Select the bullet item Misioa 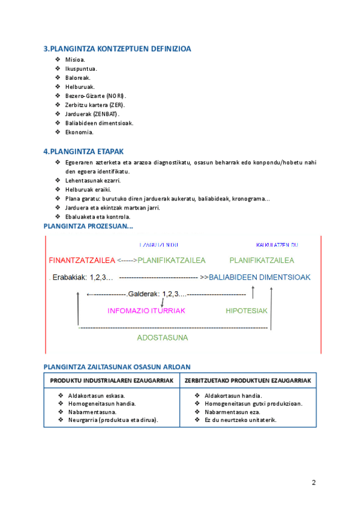[75, 59]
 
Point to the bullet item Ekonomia [79, 131]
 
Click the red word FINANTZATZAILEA [82, 261]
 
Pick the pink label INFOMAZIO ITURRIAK [146, 311]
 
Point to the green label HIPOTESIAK [246, 311]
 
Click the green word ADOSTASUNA [162, 337]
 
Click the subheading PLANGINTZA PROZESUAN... [89, 226]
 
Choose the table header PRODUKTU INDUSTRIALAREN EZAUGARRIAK [112, 381]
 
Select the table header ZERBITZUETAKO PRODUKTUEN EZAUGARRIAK [248, 381]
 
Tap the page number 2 [314, 483]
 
